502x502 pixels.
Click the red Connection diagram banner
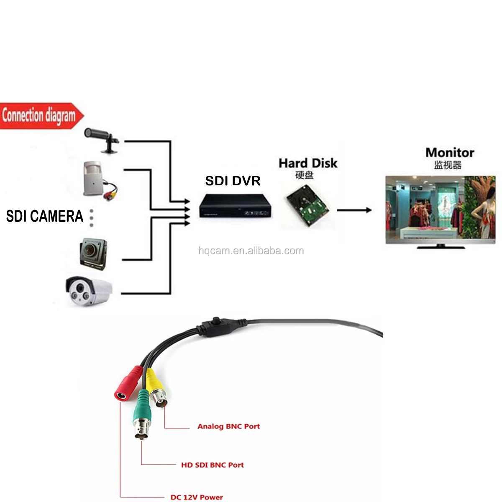[40, 115]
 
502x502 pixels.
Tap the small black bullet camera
[102, 138]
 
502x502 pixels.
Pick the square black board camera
[93, 253]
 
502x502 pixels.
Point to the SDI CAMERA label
[44, 216]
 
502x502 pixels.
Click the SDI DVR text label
[233, 181]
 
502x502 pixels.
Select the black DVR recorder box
[234, 205]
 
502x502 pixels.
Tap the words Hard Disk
[308, 163]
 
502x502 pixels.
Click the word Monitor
[450, 152]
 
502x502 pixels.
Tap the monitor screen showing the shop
[440, 207]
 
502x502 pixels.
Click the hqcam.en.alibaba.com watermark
[251, 251]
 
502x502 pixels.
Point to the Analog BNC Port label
[228, 426]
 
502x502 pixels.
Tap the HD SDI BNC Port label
[212, 465]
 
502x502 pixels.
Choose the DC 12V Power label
[197, 497]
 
